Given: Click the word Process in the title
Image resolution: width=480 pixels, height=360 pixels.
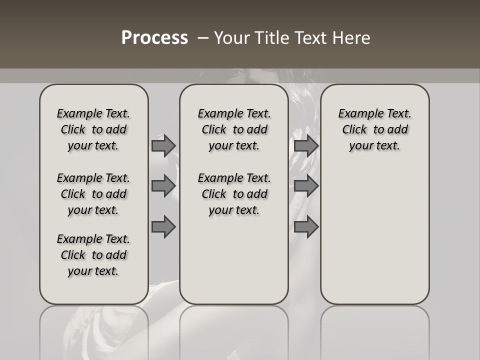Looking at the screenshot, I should [154, 37].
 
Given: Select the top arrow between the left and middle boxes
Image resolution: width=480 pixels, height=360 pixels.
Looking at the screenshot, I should [163, 145].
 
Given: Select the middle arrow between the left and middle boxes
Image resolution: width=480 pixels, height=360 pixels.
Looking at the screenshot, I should [163, 186].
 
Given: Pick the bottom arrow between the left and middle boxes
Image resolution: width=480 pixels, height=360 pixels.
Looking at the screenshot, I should [163, 227].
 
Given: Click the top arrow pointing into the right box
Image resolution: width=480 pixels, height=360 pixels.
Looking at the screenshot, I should [306, 145].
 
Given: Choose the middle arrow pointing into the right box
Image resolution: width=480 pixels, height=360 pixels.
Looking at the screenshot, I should [306, 186].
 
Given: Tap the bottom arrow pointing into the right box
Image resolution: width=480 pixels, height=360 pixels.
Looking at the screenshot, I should [306, 227].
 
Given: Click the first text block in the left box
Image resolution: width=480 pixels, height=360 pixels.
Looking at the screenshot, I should [93, 129].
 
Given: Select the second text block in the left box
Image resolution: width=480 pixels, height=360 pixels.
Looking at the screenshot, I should [93, 194].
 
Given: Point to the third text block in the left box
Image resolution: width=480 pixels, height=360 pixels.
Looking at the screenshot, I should [93, 255].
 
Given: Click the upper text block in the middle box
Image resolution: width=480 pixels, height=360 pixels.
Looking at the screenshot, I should [234, 129].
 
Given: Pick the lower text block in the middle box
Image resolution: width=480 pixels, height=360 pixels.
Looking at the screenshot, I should [234, 194].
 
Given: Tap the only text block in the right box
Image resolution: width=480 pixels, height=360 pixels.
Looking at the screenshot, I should [374, 129].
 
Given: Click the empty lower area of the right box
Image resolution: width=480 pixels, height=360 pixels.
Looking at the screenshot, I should [374, 230].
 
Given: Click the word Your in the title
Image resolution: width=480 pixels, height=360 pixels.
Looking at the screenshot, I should [231, 37].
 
